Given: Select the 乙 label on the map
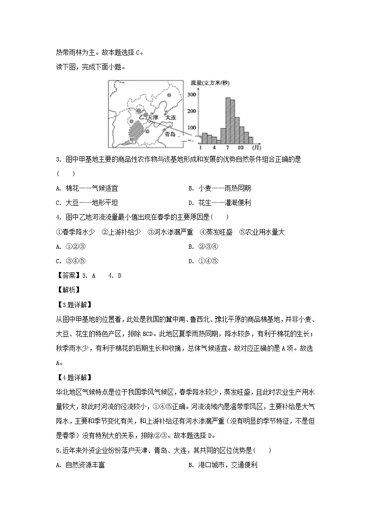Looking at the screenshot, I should [x=142, y=118].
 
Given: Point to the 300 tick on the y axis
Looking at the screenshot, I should [x=191, y=95].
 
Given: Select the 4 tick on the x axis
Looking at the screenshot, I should [x=214, y=148].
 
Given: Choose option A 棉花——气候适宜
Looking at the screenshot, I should [x=86, y=188].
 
